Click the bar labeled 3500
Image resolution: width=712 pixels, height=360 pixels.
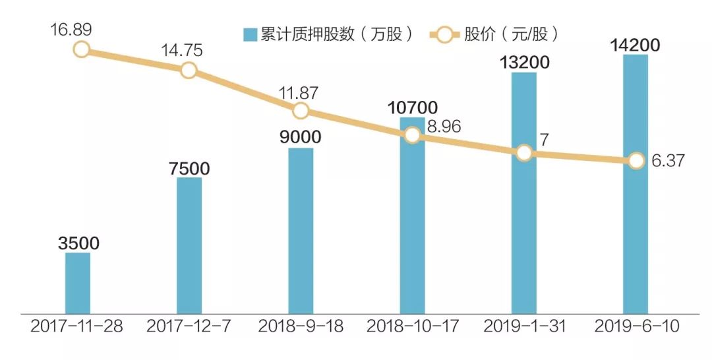click(x=78, y=282)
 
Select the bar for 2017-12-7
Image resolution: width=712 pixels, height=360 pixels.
click(x=189, y=245)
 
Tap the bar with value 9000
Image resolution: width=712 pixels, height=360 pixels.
click(x=301, y=230)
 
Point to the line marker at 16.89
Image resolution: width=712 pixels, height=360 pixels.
click(x=81, y=49)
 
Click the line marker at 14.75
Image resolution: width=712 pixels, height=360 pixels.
click(x=189, y=71)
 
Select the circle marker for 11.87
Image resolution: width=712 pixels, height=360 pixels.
click(x=301, y=110)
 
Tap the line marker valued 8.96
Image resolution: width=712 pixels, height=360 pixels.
click(x=412, y=135)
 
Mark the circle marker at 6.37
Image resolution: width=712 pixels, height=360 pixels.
click(x=636, y=160)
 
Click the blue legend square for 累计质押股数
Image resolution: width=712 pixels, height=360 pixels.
click(x=250, y=35)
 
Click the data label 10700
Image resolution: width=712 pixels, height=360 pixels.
click(x=412, y=107)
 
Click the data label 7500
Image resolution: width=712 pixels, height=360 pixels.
click(x=189, y=168)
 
